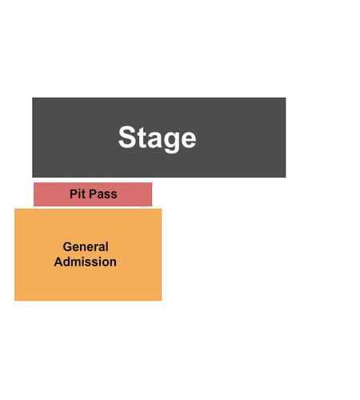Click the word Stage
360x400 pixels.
(157, 138)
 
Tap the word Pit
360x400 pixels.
(76, 194)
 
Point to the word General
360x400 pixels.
(86, 246)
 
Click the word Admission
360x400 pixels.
(86, 262)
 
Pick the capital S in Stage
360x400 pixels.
(126, 138)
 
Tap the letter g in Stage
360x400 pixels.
(171, 142)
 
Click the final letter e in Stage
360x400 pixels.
(189, 139)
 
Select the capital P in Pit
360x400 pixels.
(74, 194)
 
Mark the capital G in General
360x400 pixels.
(68, 246)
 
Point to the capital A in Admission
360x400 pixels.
(58, 262)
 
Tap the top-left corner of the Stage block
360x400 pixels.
(32, 98)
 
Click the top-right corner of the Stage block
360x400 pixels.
(286, 98)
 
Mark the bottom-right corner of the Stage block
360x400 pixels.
(286, 177)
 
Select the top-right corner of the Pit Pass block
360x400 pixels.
(152, 182)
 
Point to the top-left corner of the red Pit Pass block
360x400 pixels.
(34, 182)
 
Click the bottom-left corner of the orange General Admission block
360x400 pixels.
(14, 301)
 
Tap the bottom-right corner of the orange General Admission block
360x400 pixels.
(162, 301)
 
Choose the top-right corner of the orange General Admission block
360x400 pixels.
(162, 209)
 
